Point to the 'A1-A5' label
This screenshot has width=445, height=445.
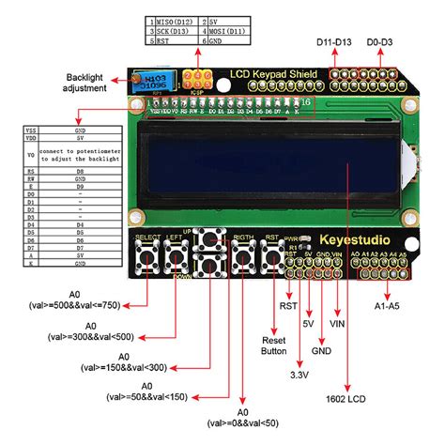pos(388,305)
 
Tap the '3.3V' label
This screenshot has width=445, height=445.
pos(299,374)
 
